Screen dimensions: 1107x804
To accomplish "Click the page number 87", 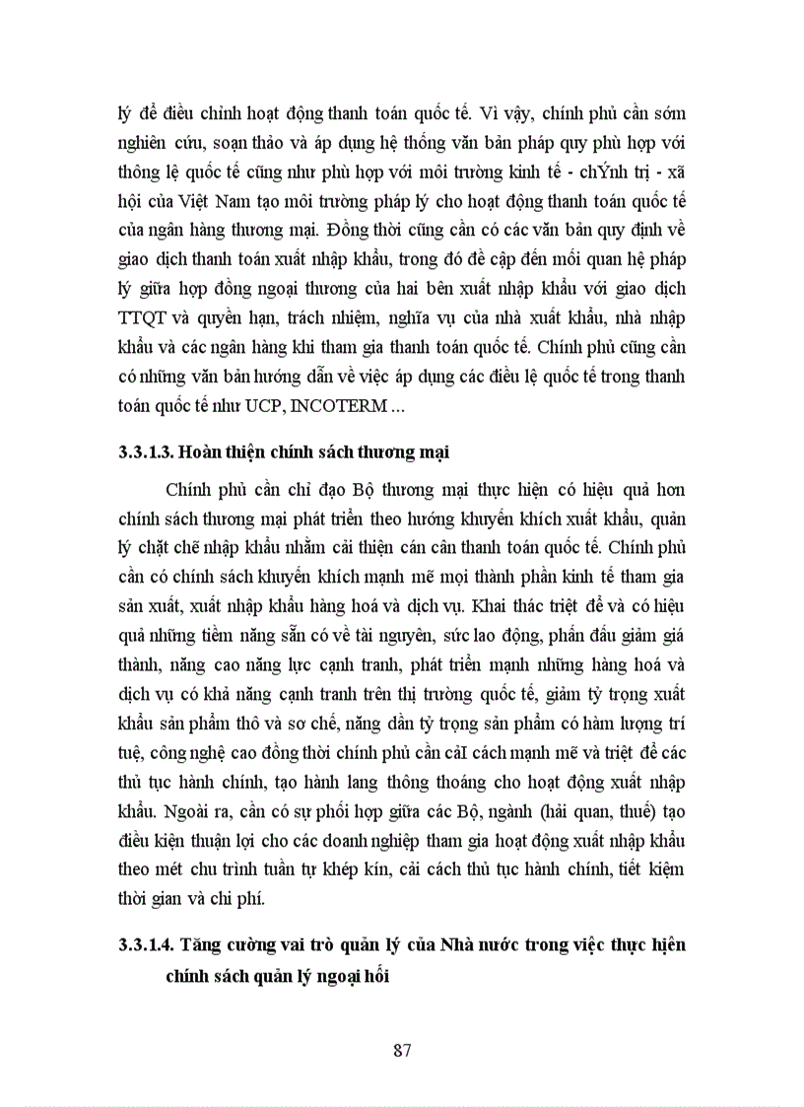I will point(401,1049).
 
